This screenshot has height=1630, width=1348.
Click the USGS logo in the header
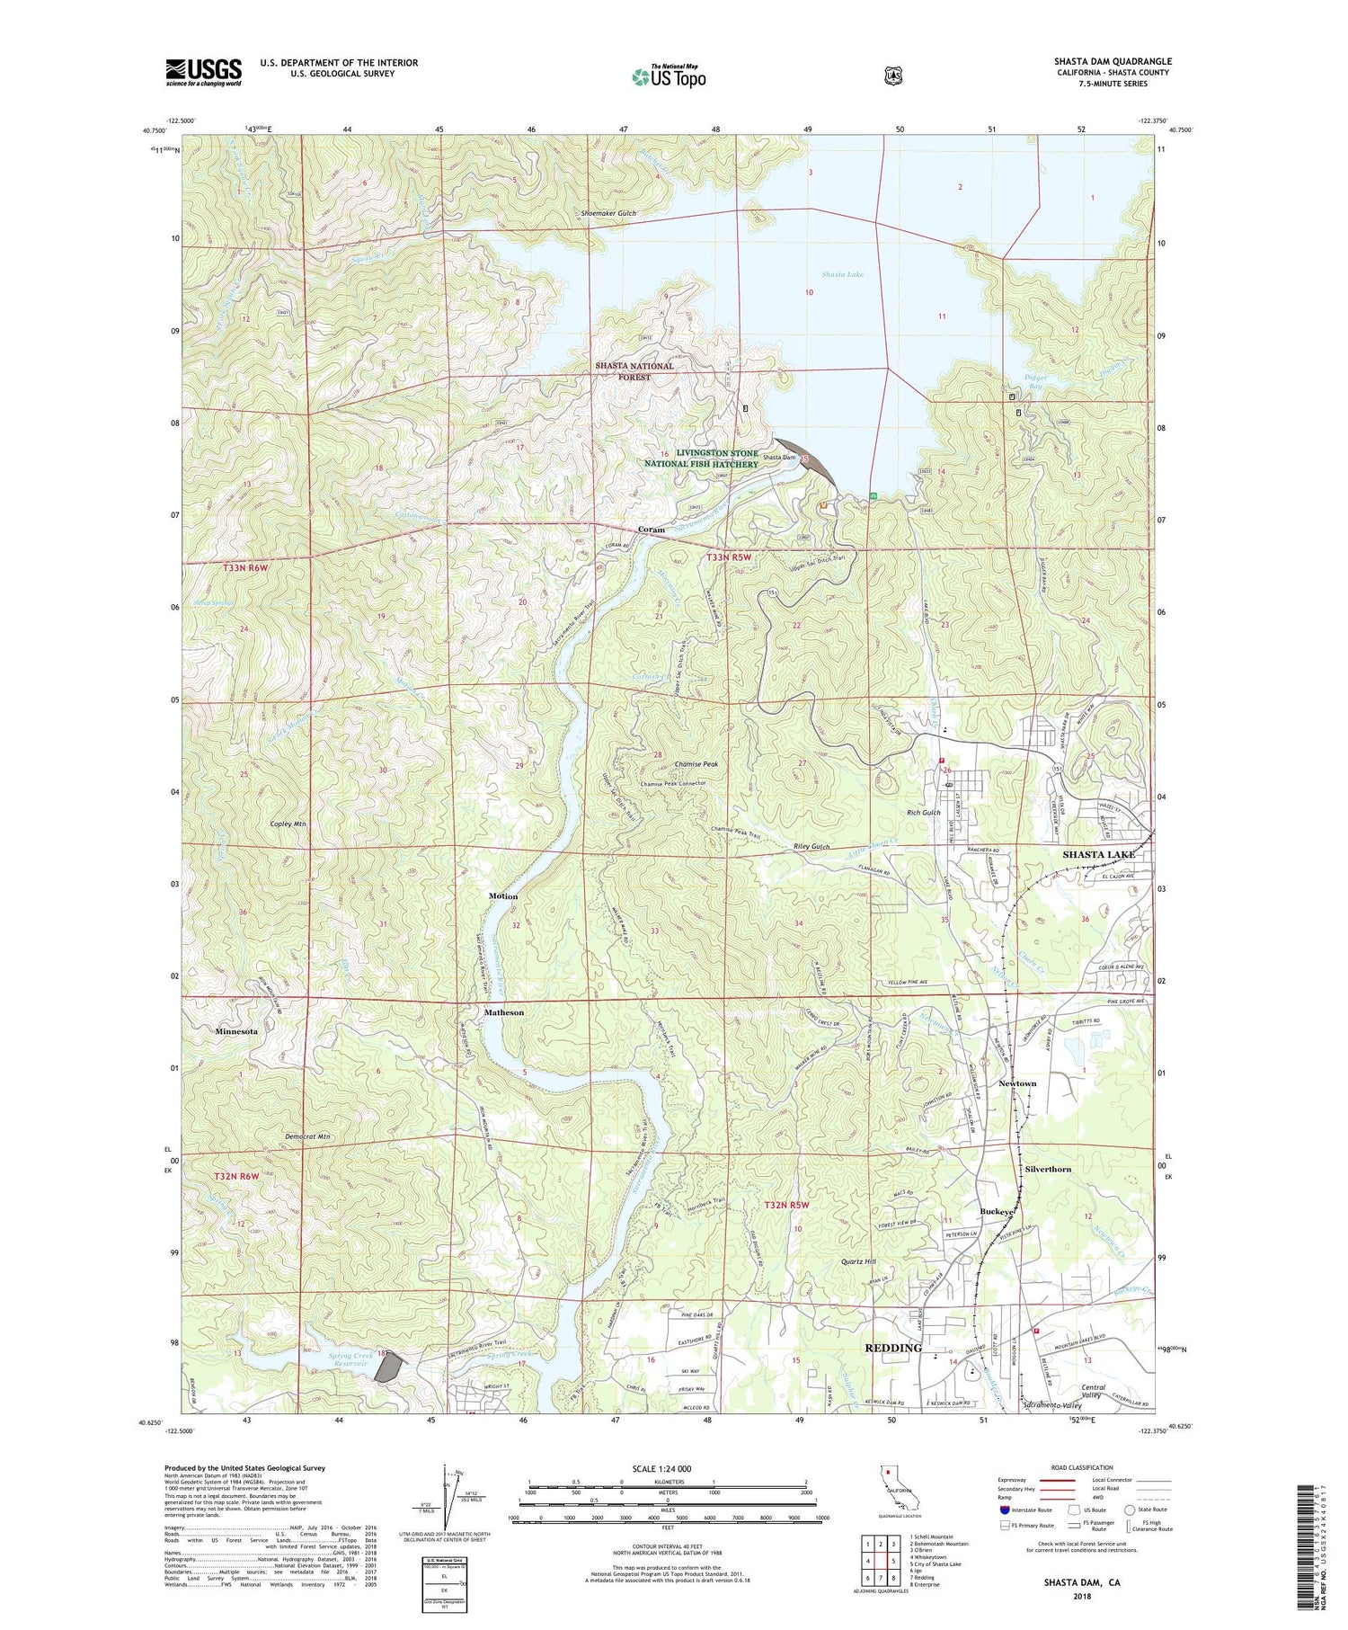(203, 72)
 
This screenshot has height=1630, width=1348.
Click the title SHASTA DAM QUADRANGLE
(1113, 61)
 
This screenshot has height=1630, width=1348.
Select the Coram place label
(652, 530)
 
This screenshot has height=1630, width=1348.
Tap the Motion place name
(503, 896)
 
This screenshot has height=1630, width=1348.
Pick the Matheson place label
(504, 1012)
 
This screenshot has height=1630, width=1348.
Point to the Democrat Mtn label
(307, 1137)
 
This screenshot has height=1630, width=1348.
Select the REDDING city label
(893, 1348)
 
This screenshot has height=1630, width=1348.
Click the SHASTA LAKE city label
(1098, 854)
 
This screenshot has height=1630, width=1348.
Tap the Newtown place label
(1017, 1083)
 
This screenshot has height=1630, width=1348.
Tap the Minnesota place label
(236, 1031)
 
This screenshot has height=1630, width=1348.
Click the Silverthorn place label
(1048, 1170)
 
